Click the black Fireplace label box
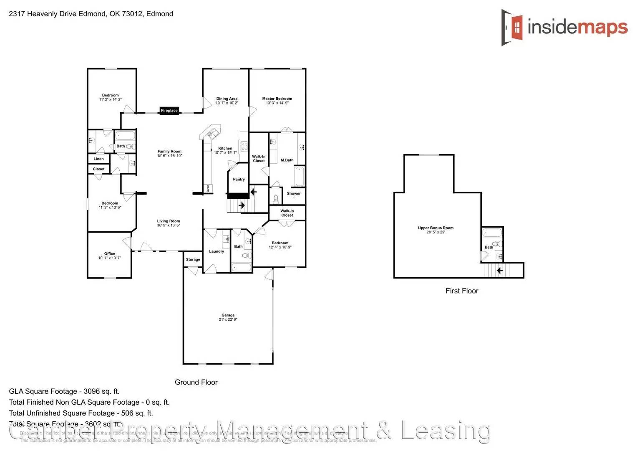[169, 111]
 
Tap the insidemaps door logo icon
[512, 27]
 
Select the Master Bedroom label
[277, 99]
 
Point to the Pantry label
[239, 180]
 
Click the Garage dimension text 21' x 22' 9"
[228, 319]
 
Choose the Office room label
[109, 253]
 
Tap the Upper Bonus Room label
[436, 228]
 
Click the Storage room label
[193, 260]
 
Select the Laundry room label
[217, 251]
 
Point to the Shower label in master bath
[294, 194]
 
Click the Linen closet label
[98, 159]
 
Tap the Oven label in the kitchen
[207, 189]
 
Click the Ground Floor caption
[196, 382]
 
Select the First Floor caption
[462, 291]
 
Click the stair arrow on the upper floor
[500, 271]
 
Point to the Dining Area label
[227, 99]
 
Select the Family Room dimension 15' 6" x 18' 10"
[169, 156]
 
